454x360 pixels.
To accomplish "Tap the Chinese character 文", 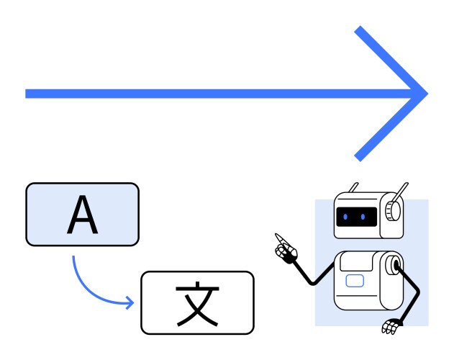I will pyautogui.click(x=197, y=303).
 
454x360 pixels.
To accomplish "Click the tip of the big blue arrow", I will pyautogui.click(x=427, y=94).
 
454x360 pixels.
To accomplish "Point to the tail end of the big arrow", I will pyautogui.click(x=27, y=94).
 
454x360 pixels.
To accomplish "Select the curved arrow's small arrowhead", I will pyautogui.click(x=130, y=303).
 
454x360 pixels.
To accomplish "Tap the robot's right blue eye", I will pyautogui.click(x=363, y=216).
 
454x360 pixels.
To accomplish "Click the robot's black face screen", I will pyautogui.click(x=355, y=216).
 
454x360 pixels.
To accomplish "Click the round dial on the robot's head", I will pyautogui.click(x=392, y=211).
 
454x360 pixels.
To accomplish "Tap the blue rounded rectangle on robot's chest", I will pyautogui.click(x=355, y=281).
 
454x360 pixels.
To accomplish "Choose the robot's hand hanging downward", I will pyautogui.click(x=390, y=326).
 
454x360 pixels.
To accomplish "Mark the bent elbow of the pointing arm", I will pyautogui.click(x=311, y=282).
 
